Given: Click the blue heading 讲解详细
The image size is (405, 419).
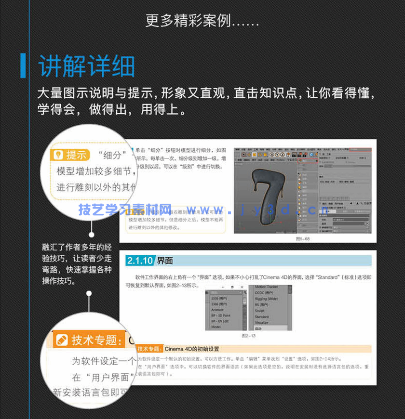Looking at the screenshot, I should (x=87, y=66).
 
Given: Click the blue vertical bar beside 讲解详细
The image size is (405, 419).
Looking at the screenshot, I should (x=23, y=66).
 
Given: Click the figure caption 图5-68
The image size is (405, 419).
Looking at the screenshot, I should (x=303, y=239).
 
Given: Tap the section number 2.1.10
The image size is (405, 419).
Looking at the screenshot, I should (x=140, y=261).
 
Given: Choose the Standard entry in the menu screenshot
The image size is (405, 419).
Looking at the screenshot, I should (x=262, y=317).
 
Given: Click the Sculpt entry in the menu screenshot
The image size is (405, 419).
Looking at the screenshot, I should (x=260, y=311).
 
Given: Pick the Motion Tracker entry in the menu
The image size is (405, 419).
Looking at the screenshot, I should (x=267, y=287).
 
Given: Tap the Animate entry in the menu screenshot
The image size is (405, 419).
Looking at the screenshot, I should (x=217, y=310).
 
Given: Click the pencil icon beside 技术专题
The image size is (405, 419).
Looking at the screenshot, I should (x=62, y=340).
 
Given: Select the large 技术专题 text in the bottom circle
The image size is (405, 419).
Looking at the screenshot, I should (x=94, y=340).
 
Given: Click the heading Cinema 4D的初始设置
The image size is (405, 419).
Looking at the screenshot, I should (x=192, y=349).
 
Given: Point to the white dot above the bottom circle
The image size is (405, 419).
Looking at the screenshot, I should (x=89, y=293).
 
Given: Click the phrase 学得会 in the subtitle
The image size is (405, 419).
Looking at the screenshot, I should (x=60, y=109).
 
